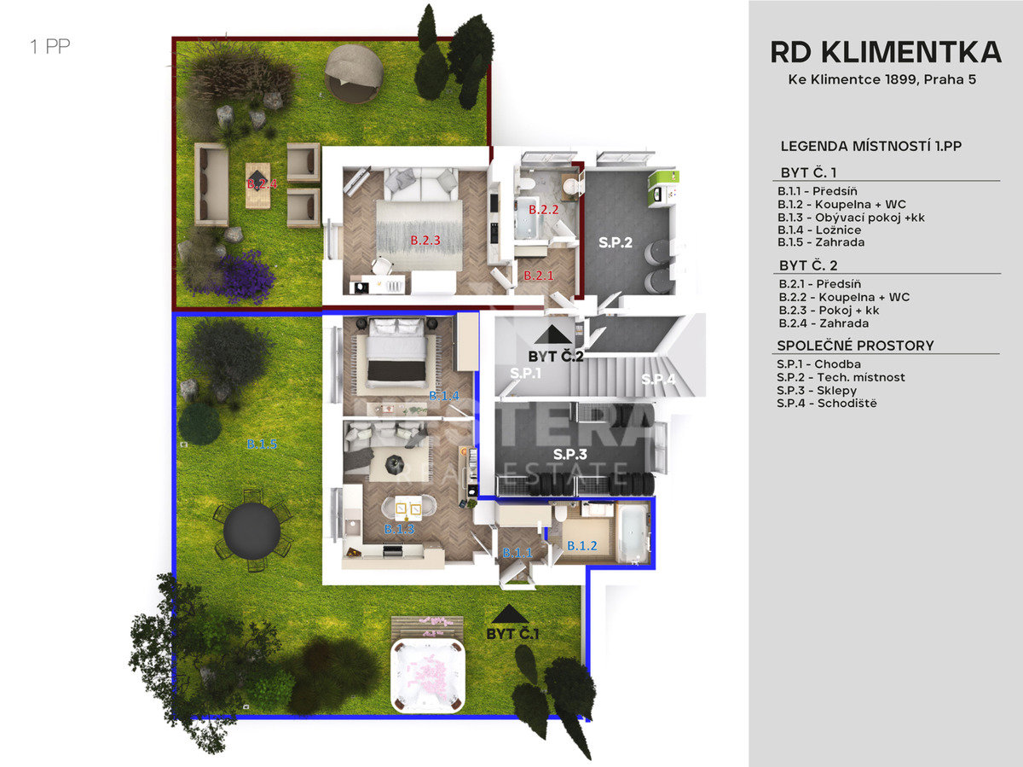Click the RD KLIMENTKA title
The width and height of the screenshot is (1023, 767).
pyautogui.click(x=886, y=52)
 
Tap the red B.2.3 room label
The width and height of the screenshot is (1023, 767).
pyautogui.click(x=425, y=241)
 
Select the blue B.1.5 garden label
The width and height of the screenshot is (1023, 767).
pyautogui.click(x=262, y=444)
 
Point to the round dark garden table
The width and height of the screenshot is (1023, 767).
pyautogui.click(x=251, y=531)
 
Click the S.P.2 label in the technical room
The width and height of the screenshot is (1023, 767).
pyautogui.click(x=616, y=242)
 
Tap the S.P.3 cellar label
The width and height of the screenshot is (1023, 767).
pyautogui.click(x=570, y=454)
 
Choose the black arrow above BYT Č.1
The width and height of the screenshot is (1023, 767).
pyautogui.click(x=510, y=614)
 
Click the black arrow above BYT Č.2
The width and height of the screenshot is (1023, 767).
pyautogui.click(x=552, y=334)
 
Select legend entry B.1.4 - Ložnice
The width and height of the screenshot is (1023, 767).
pyautogui.click(x=819, y=230)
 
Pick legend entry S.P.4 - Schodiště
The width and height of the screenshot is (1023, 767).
pyautogui.click(x=826, y=404)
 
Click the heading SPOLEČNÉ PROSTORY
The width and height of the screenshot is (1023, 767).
pyautogui.click(x=855, y=346)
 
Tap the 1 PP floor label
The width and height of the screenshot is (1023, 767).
pyautogui.click(x=49, y=46)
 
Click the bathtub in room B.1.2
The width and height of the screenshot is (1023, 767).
pyautogui.click(x=632, y=533)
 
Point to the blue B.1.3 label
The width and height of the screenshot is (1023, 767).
pyautogui.click(x=399, y=529)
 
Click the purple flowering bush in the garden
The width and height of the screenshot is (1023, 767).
pyautogui.click(x=246, y=276)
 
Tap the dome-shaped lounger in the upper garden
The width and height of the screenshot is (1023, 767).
pyautogui.click(x=354, y=73)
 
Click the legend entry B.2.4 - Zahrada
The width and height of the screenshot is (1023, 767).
pyautogui.click(x=824, y=323)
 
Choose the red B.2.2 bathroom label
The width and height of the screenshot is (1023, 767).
pyautogui.click(x=543, y=210)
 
